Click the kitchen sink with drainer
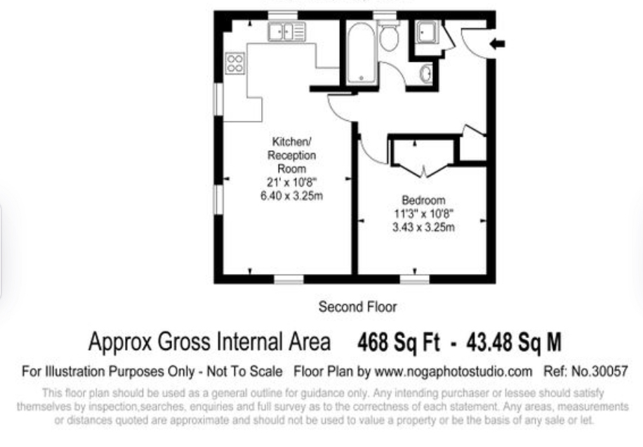[x=286, y=32]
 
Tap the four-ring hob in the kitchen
[x=235, y=64]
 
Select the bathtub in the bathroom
[x=362, y=53]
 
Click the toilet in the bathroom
[x=389, y=36]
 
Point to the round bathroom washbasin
[x=425, y=74]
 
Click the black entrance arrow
[x=498, y=44]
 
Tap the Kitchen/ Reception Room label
[x=291, y=155]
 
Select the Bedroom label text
[x=423, y=200]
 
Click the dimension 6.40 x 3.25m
[x=291, y=196]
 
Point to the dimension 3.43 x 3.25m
[x=423, y=227]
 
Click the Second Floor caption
[x=357, y=306]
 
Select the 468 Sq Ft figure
[x=399, y=342]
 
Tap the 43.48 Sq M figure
[x=514, y=342]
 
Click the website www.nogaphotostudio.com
[x=453, y=372]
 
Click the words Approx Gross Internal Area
[x=209, y=342]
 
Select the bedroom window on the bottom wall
[x=415, y=279]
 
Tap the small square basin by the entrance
[x=427, y=32]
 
